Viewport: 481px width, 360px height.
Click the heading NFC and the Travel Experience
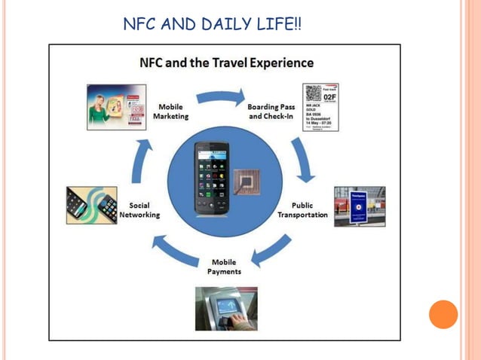click(227, 62)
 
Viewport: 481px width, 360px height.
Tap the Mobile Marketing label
click(171, 112)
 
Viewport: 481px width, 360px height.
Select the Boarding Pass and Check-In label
click(272, 112)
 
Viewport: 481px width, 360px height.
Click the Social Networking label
click(139, 210)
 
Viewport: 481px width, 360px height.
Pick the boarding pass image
click(320, 107)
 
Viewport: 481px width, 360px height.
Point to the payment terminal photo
click(226, 308)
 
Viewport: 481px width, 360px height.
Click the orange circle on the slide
click(443, 313)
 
